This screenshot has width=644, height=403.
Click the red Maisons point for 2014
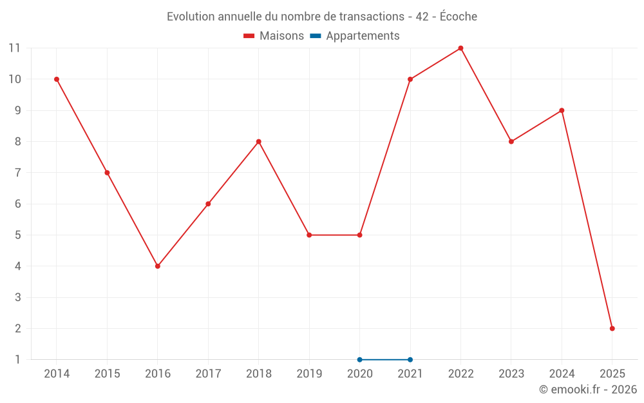point(57,79)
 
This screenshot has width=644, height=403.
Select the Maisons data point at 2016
point(158,266)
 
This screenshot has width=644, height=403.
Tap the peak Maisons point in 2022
point(460,48)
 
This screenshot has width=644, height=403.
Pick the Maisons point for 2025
point(612,328)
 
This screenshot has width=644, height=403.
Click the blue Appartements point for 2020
point(359,360)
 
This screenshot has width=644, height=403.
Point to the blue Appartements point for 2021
point(410,360)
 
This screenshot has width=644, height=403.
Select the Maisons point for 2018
point(259,142)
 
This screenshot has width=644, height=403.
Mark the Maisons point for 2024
point(562,110)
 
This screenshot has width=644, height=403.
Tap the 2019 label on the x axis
point(309,374)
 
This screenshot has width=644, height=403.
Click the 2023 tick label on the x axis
point(511,374)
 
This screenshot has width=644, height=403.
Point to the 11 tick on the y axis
point(14,48)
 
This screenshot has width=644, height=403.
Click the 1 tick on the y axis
point(18,360)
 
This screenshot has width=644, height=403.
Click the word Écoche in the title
point(458,17)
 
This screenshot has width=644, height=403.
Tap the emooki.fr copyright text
point(588,389)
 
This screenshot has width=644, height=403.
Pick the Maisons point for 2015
point(107,173)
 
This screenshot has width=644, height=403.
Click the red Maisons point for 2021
point(410,79)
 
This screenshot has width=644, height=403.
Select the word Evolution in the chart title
point(189,17)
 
